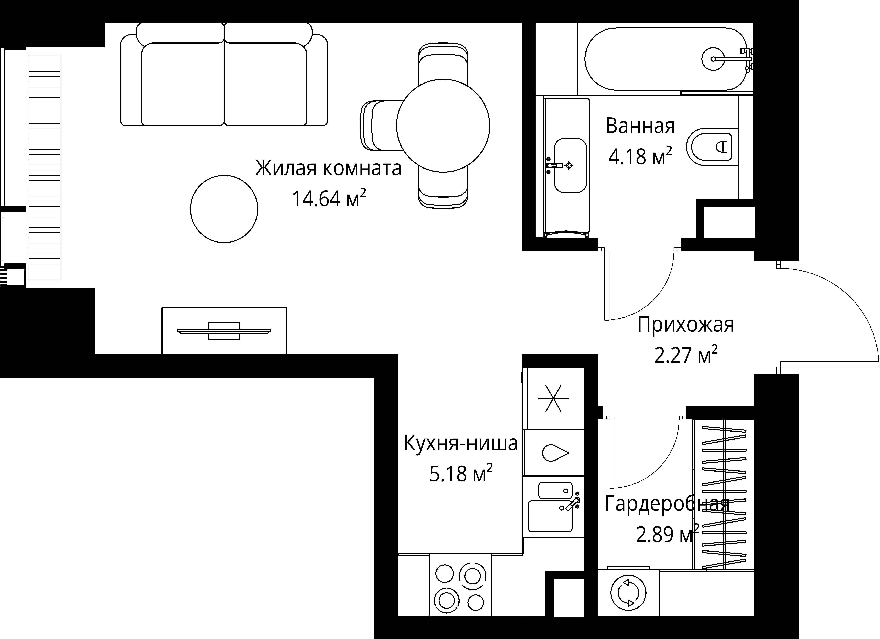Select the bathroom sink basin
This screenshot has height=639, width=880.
click(570, 166)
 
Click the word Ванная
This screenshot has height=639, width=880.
click(640, 126)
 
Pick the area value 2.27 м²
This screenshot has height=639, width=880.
click(686, 355)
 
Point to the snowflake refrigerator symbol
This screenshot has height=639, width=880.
click(553, 398)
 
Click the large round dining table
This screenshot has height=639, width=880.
click(443, 126)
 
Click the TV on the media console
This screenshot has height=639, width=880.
click(224, 331)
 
